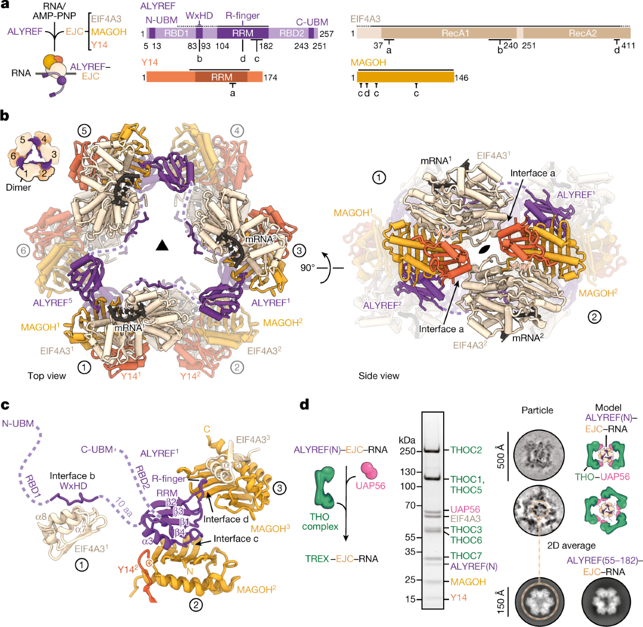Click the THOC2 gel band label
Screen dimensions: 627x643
pyautogui.click(x=466, y=450)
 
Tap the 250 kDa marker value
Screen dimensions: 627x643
pyautogui.click(x=408, y=451)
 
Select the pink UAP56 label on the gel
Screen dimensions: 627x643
pyautogui.click(x=465, y=509)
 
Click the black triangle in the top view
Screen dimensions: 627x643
pyautogui.click(x=162, y=245)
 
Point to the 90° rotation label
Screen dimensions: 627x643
pyautogui.click(x=308, y=267)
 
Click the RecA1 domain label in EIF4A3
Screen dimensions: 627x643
pyautogui.click(x=455, y=33)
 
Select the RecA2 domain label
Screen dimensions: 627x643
pyautogui.click(x=582, y=33)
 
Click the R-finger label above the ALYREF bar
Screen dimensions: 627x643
pyautogui.click(x=243, y=16)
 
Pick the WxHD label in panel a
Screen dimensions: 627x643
pyautogui.click(x=199, y=16)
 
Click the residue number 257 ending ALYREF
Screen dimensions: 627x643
pyautogui.click(x=326, y=34)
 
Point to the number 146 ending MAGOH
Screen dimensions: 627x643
pyautogui.click(x=461, y=78)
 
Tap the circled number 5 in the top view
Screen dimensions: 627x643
pyautogui.click(x=84, y=130)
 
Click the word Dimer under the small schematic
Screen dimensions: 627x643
pyautogui.click(x=18, y=188)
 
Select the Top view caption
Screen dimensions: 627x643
pyautogui.click(x=47, y=376)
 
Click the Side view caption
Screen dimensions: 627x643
pyautogui.click(x=378, y=376)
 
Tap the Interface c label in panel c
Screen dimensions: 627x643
pyautogui.click(x=236, y=539)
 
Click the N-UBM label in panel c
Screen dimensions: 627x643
pyautogui.click(x=18, y=423)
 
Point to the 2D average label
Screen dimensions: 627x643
pyautogui.click(x=571, y=546)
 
